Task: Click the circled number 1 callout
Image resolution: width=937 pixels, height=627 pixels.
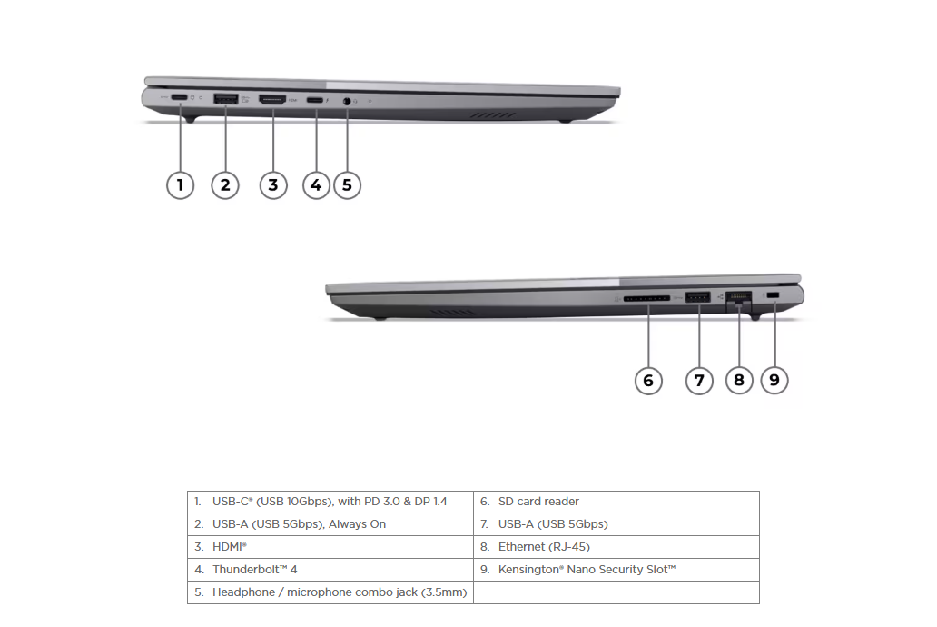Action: point(180,184)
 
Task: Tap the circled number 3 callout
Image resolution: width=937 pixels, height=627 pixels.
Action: point(273,184)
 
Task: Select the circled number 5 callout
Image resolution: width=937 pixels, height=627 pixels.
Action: point(347,184)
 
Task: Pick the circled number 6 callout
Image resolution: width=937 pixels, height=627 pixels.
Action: point(648,381)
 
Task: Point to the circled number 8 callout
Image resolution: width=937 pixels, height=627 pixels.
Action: point(739,380)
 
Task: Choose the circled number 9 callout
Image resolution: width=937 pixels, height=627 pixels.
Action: point(774,380)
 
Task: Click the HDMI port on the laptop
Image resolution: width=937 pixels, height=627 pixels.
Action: point(272,99)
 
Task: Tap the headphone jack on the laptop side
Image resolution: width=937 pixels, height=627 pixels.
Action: point(347,101)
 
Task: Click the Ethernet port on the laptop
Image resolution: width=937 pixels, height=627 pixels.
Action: point(738,297)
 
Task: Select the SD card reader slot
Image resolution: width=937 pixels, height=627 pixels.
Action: point(646,298)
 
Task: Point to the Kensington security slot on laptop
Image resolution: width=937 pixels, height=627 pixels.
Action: point(773,295)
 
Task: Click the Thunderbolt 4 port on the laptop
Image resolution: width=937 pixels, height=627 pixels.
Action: point(315,100)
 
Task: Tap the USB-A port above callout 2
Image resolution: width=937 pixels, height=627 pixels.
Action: point(226,99)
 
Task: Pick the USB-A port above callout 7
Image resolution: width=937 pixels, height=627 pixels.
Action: point(698,297)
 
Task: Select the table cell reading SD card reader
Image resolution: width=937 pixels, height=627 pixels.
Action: point(616,502)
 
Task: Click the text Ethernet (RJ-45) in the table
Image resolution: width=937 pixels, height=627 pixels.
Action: point(544,547)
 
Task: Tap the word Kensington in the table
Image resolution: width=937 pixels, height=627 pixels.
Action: point(530,570)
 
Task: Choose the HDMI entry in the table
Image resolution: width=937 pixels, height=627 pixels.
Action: point(230,547)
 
